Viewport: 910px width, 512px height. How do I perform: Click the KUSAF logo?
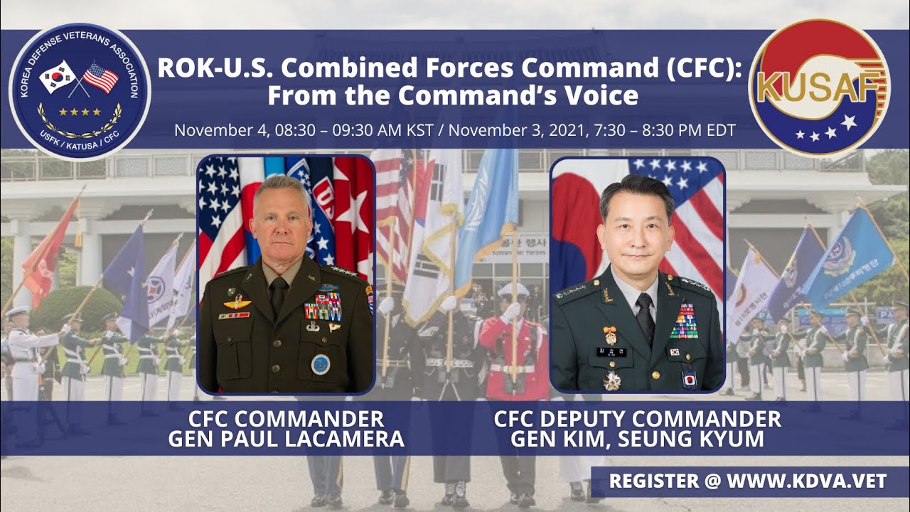tap(820, 87)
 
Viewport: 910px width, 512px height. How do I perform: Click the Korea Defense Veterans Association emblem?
tap(80, 92)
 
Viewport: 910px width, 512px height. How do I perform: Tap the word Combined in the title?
tap(341, 68)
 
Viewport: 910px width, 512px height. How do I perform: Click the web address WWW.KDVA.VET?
tap(806, 481)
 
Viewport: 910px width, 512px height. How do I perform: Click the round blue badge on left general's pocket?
tap(321, 363)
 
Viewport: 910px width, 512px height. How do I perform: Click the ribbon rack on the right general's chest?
tap(684, 321)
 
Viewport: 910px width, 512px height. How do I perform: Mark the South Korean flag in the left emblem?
tap(58, 76)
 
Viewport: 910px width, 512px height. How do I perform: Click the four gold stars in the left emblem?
tap(79, 112)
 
